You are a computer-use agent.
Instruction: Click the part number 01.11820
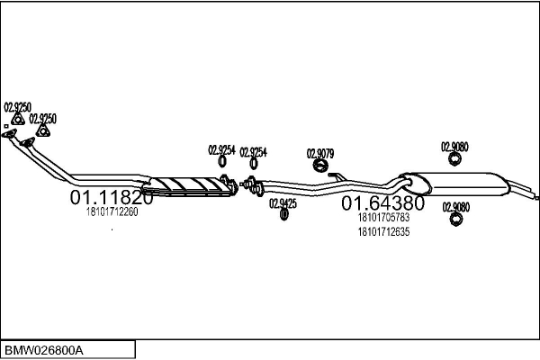pyautogui.click(x=112, y=197)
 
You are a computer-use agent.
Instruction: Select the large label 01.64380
pyautogui.click(x=382, y=202)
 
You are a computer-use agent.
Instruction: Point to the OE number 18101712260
pyautogui.click(x=112, y=211)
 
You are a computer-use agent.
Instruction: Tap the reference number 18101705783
pyautogui.click(x=383, y=218)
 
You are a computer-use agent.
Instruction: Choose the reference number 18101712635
pyautogui.click(x=383, y=232)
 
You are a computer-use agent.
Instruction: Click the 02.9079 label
pyautogui.click(x=320, y=154)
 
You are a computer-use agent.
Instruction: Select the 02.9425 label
pyautogui.click(x=283, y=203)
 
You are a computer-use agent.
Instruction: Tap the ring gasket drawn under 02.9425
pyautogui.click(x=283, y=214)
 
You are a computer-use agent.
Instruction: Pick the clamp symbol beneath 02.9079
pyautogui.click(x=320, y=166)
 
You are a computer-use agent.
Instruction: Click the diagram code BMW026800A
pyautogui.click(x=44, y=351)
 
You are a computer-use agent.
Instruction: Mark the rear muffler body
pyautogui.click(x=454, y=184)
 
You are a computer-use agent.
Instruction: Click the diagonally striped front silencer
pyautogui.click(x=188, y=186)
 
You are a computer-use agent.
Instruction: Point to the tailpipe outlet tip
pyautogui.click(x=536, y=198)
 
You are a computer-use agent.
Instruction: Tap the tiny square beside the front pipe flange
pyautogui.click(x=6, y=126)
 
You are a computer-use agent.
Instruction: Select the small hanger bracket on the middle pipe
pyautogui.click(x=337, y=176)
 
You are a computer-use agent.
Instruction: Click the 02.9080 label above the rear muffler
pyautogui.click(x=454, y=147)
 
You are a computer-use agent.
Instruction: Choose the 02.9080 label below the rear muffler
pyautogui.click(x=455, y=207)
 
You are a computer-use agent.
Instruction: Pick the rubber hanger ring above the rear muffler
pyautogui.click(x=454, y=158)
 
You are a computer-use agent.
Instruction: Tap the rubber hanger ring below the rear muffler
pyautogui.click(x=455, y=220)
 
